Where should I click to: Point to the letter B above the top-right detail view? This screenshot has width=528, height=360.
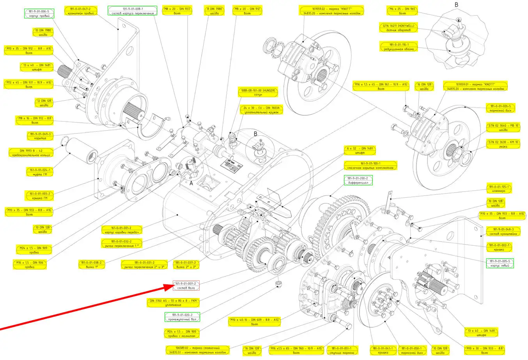pos(456,5)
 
